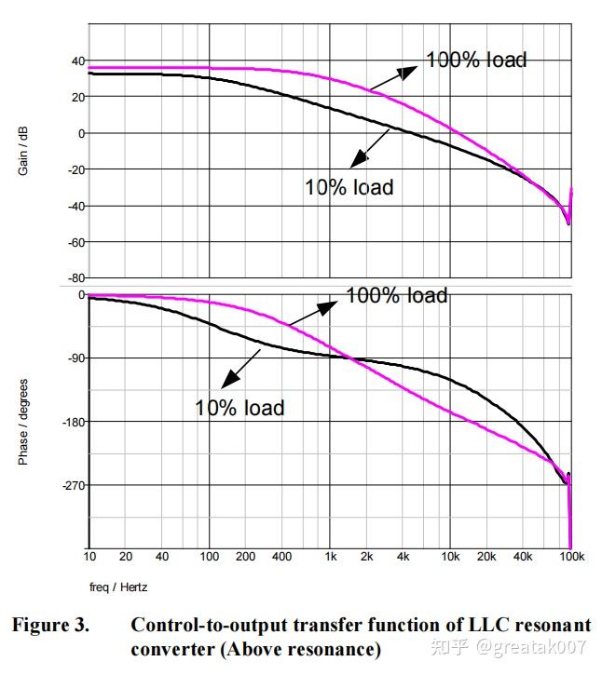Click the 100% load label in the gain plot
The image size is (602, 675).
point(476,60)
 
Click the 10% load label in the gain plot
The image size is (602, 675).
point(349,187)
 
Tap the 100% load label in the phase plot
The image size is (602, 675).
point(397,295)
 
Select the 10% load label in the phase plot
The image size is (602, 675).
point(239,408)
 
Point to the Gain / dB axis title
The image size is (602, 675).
point(24,149)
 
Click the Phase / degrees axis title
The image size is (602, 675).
point(24,421)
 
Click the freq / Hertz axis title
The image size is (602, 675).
point(119,587)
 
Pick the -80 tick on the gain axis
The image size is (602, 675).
point(75,277)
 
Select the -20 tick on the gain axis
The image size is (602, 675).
point(75,169)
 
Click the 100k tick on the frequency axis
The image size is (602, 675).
point(570,557)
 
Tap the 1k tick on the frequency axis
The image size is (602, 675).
point(330,557)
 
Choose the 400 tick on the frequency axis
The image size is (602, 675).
point(281,557)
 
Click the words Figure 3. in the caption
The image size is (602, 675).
point(50,625)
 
